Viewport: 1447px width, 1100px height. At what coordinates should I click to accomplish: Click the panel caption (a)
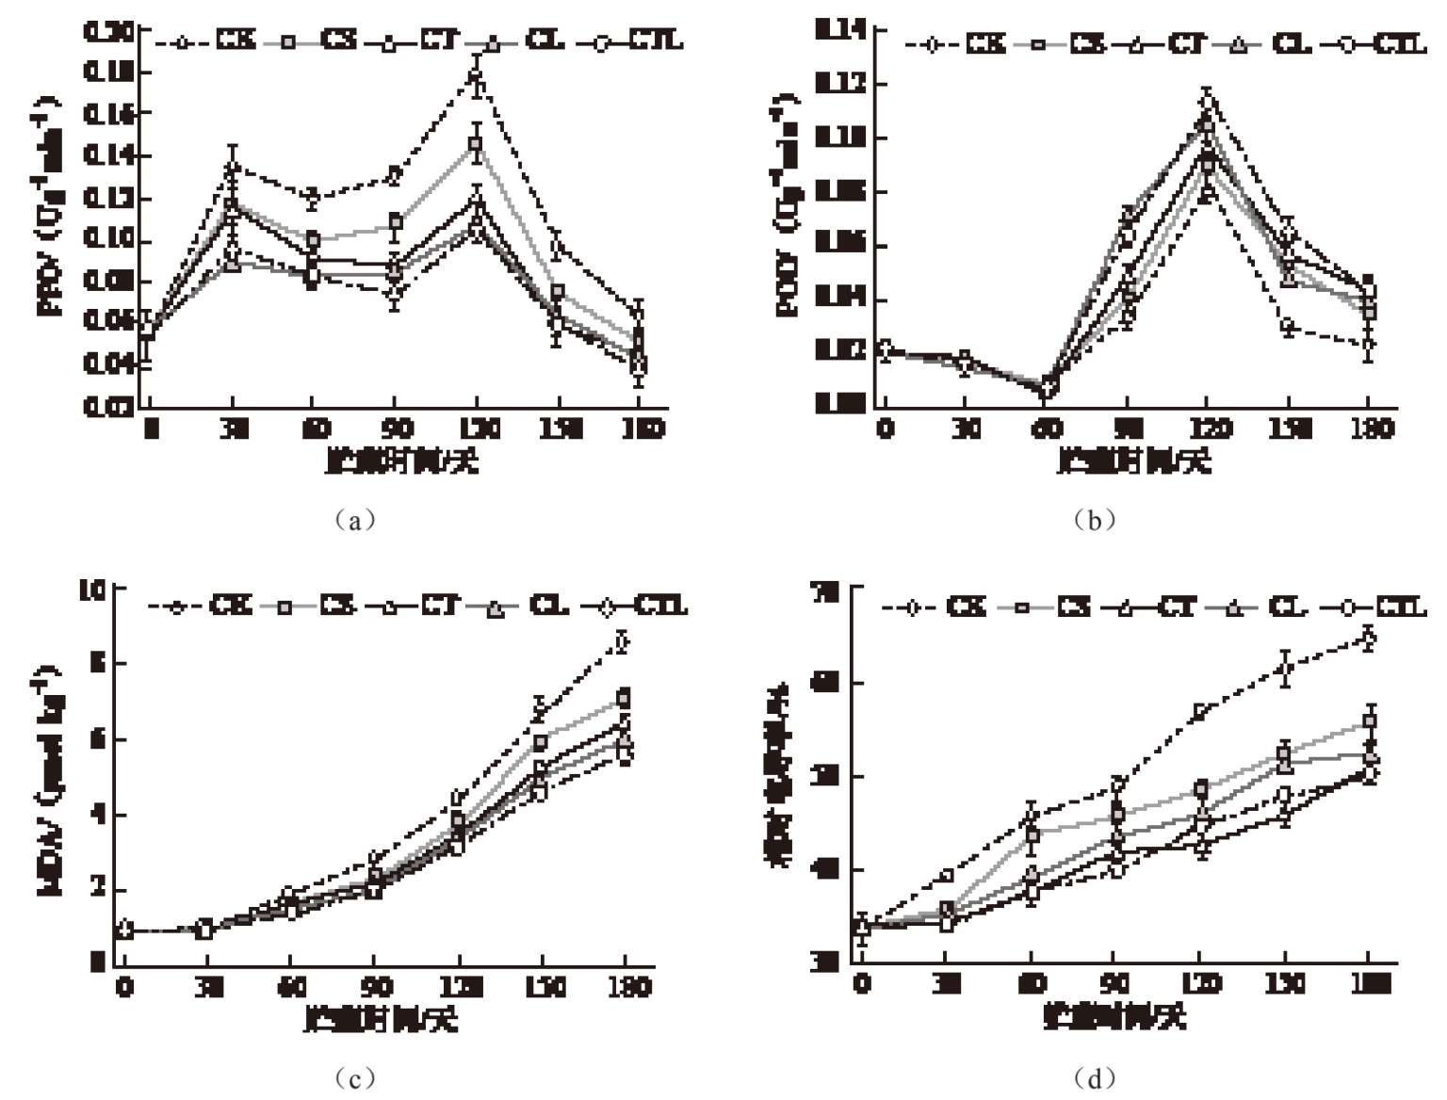pos(354,520)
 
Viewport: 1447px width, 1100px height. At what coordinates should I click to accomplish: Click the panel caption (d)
pos(1094,1077)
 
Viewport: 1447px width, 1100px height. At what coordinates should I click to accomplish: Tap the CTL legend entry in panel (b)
pos(1384,43)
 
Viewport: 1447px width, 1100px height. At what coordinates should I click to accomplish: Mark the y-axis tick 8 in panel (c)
pos(95,663)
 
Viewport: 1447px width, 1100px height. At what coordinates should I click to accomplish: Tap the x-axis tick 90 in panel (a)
pos(396,429)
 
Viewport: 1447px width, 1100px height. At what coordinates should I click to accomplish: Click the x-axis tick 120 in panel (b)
pos(1209,429)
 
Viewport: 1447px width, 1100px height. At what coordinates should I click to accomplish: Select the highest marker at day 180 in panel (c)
pos(622,642)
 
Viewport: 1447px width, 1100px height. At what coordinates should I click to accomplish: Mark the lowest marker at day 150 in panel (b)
pos(1288,327)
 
